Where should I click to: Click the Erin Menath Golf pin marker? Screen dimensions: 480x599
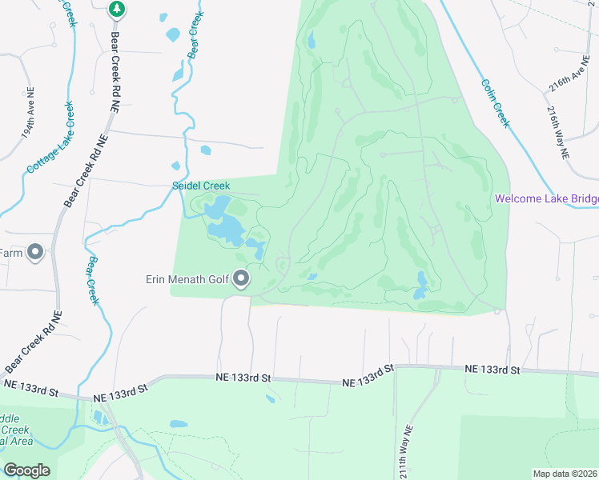(241, 279)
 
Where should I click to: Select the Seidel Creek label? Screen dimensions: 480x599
(202, 186)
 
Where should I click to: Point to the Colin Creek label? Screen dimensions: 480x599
(495, 102)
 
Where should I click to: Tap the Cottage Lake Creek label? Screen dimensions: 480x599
(50, 138)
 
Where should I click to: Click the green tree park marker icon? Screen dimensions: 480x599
(117, 10)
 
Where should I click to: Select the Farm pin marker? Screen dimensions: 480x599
(34, 253)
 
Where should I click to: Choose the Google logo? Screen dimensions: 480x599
(26, 470)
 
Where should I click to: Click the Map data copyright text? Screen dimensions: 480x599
(565, 473)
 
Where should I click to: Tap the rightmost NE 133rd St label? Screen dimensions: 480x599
(493, 370)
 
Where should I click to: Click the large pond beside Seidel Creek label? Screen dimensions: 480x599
(224, 224)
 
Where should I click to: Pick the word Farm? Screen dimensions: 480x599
(10, 253)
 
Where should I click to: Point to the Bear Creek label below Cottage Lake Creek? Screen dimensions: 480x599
(94, 280)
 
